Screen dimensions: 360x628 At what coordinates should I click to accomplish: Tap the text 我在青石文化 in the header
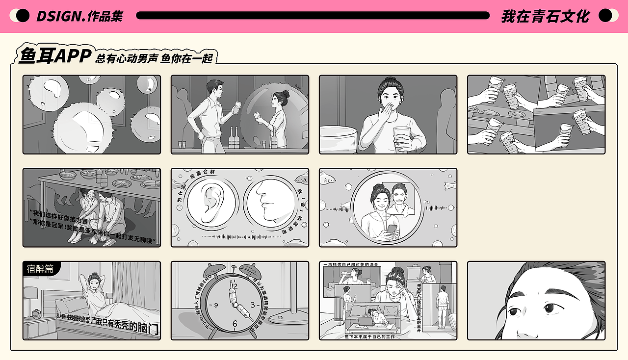[x=545, y=16]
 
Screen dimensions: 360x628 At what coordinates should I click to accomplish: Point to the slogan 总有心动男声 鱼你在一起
[x=154, y=58]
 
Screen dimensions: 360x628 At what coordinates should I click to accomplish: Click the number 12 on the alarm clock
[x=234, y=285]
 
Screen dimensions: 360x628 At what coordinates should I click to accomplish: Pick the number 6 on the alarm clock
[x=235, y=324]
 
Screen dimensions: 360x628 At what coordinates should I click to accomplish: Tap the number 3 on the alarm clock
[x=253, y=305]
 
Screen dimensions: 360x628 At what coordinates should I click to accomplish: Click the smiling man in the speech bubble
[x=400, y=199]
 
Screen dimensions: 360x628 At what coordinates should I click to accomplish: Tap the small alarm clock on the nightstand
[x=35, y=313]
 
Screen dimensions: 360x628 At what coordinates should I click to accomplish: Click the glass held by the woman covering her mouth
[x=401, y=136]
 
